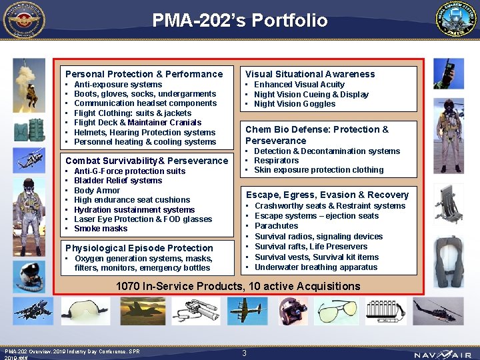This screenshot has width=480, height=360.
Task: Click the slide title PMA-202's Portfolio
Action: [240, 21]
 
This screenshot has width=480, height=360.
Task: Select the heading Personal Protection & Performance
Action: [144, 74]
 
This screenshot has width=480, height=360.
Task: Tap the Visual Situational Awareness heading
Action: [310, 74]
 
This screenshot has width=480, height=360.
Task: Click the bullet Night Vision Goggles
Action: [295, 104]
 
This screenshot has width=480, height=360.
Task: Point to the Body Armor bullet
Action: [97, 190]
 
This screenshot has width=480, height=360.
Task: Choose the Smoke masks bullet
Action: [101, 229]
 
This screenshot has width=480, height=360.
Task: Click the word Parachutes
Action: [276, 226]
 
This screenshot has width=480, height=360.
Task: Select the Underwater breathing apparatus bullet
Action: [316, 267]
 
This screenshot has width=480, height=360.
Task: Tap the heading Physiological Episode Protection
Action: [139, 248]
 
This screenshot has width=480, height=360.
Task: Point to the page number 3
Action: [245, 353]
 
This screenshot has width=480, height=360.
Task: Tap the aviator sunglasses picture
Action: [337, 311]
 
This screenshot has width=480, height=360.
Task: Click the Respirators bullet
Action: [277, 161]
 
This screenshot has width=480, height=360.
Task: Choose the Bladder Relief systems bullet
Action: [118, 181]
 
